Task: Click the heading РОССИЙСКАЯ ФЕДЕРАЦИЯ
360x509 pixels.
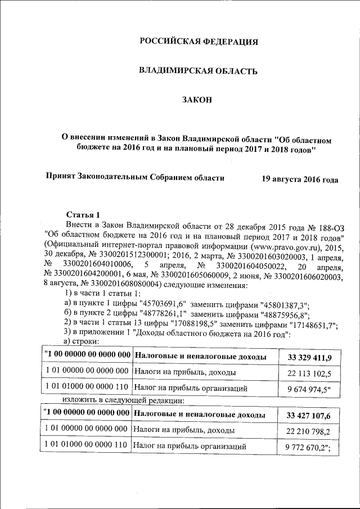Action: pos(199,41)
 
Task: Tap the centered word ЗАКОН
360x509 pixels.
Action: pos(197,100)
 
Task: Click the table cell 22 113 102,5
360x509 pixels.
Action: pos(309,373)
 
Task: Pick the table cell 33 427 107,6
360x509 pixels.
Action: pos(309,416)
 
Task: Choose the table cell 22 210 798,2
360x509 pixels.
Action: pos(309,431)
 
